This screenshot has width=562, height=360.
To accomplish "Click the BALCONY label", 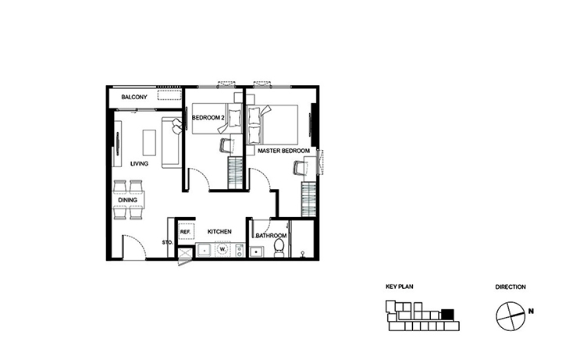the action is point(134,97).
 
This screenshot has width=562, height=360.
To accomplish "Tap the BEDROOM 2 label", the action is point(208,118).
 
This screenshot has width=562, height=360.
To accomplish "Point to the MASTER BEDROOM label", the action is point(283,151).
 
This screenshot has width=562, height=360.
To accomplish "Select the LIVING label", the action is point(139,164).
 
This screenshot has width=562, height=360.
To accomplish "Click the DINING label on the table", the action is point(127,200).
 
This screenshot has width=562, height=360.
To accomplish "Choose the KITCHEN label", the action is point(219,232).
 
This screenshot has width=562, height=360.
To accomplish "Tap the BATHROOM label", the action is point(271,236).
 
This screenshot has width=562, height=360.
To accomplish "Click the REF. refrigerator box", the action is point(185,232).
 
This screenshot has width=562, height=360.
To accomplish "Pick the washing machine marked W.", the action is point(222,249).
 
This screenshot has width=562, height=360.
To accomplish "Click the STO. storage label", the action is point(167,243).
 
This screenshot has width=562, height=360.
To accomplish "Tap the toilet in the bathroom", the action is point(279,248).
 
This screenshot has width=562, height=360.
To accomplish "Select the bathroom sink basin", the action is point(256,251).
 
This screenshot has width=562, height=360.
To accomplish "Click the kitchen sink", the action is point(205,250).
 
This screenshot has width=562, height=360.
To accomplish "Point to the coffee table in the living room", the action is point(149,142).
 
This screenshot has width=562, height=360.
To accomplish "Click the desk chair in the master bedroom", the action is point(300,168).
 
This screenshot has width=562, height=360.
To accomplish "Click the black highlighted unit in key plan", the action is point(448,314).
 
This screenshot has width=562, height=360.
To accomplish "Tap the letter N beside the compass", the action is point(531,312).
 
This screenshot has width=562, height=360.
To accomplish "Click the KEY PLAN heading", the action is point(400,287).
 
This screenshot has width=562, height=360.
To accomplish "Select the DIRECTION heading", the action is point(510,287).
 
